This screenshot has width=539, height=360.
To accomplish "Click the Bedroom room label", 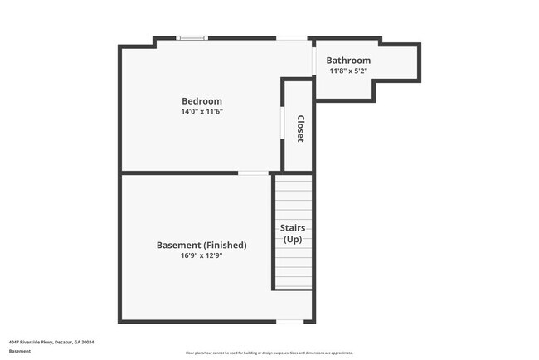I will pyautogui.click(x=202, y=101).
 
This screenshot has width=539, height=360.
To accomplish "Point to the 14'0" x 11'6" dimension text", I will pyautogui.click(x=202, y=111).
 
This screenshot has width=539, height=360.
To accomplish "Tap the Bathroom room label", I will pyautogui.click(x=348, y=61).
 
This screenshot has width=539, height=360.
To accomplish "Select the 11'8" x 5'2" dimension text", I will pyautogui.click(x=348, y=71).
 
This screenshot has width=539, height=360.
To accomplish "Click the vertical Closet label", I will pyautogui.click(x=300, y=129).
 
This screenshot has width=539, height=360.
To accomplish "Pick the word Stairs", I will pyautogui.click(x=293, y=228).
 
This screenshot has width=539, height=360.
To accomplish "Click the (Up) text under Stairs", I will pyautogui.click(x=293, y=240).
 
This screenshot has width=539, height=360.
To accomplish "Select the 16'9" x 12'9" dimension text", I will pyautogui.click(x=202, y=256).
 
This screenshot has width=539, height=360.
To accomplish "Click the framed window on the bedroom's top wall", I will pyautogui.click(x=193, y=37).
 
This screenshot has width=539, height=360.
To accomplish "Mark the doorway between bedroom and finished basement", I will pyautogui.click(x=253, y=173).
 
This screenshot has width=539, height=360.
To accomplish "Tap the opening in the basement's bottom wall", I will pyautogui.click(x=289, y=322).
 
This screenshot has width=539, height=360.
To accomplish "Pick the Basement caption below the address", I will pyautogui.click(x=20, y=351).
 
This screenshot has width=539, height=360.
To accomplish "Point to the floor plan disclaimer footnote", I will pyautogui.click(x=269, y=353).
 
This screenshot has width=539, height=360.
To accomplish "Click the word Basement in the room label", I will pyautogui.click(x=177, y=246).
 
